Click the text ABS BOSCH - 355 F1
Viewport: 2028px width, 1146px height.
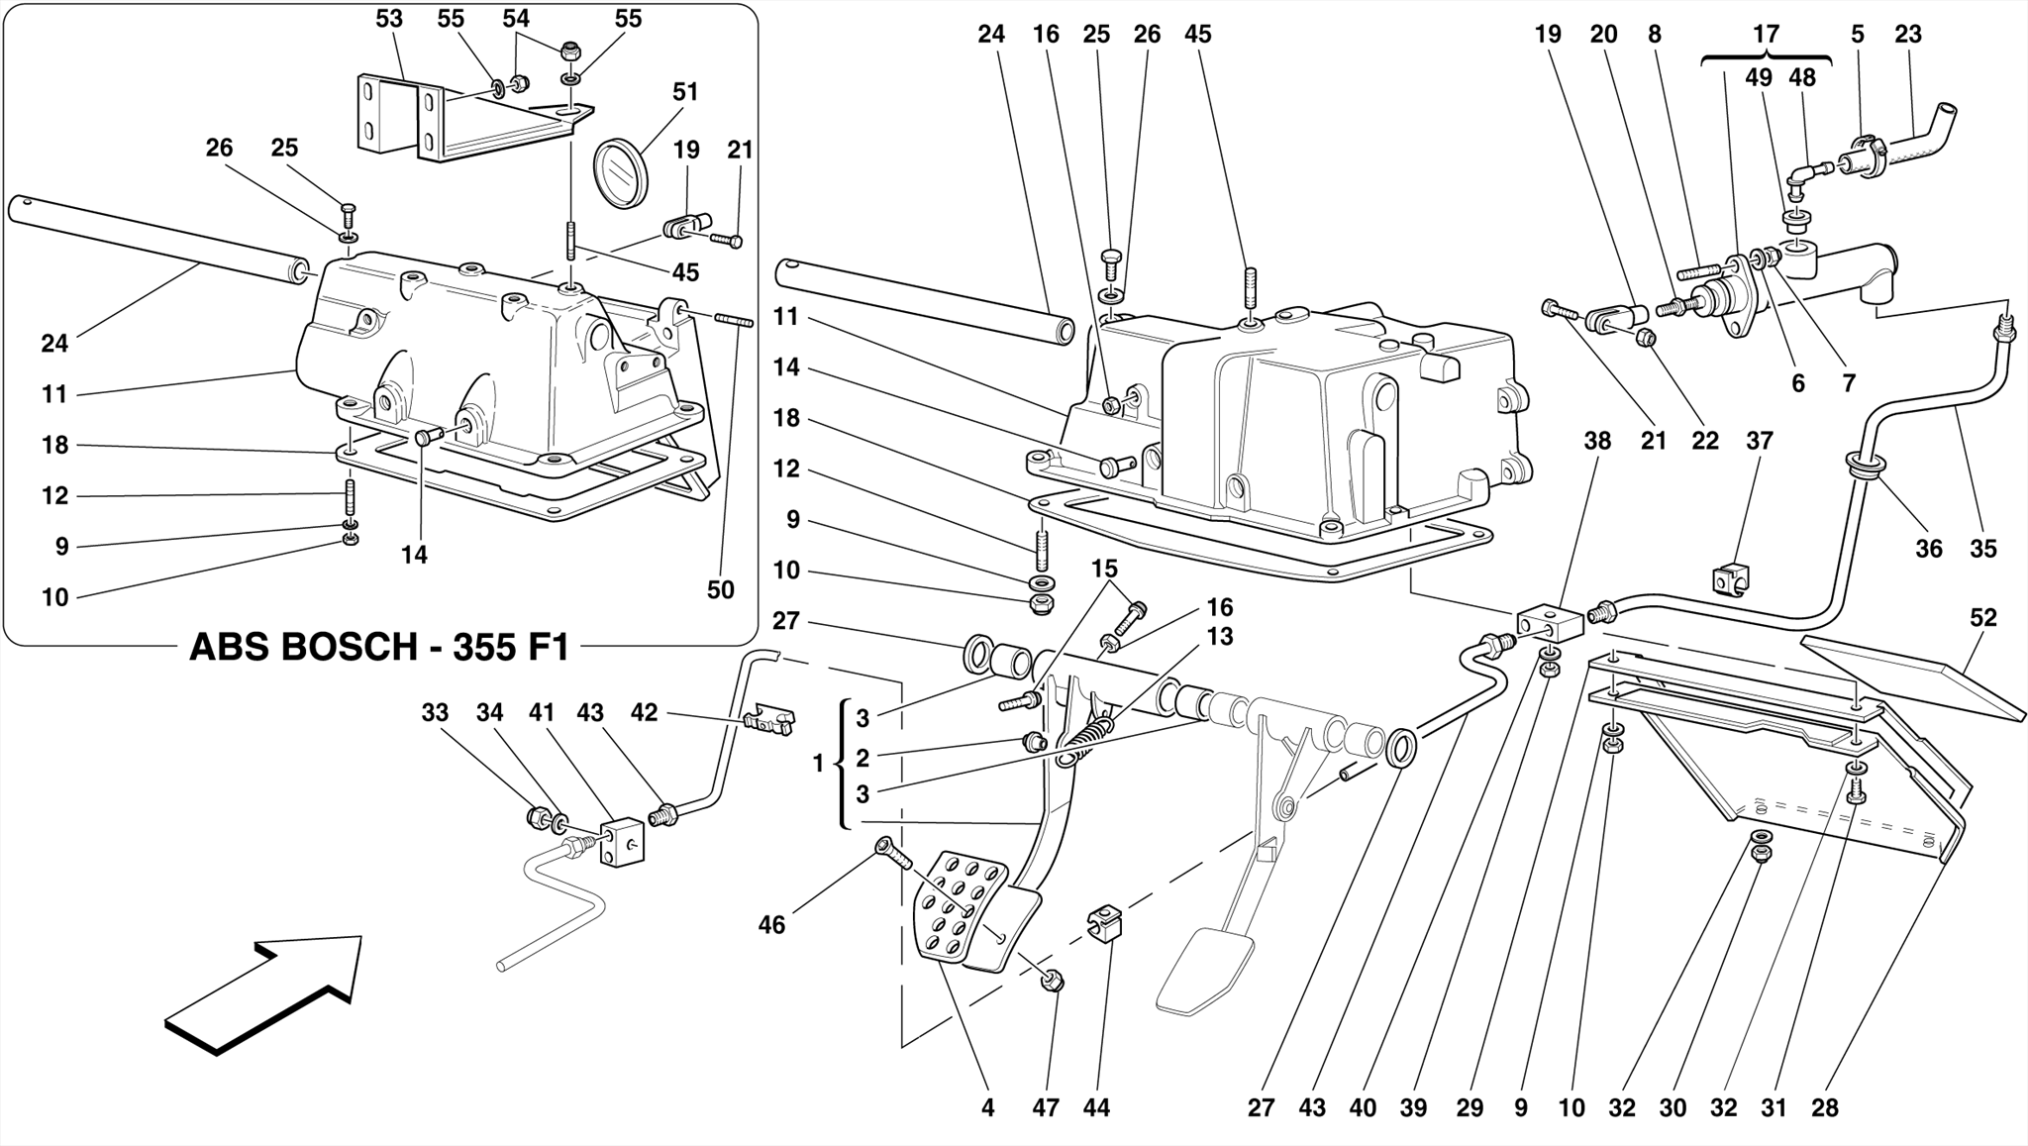(379, 648)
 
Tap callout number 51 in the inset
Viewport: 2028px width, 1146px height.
(685, 92)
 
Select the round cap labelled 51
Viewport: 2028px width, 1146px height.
(619, 173)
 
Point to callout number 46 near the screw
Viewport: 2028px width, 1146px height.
(771, 925)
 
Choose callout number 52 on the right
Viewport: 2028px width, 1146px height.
(1982, 618)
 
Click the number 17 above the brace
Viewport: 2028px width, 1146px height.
(1766, 35)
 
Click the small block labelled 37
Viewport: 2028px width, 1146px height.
(1730, 579)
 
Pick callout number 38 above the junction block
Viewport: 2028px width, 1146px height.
(1597, 441)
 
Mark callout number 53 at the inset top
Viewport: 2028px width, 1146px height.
(389, 19)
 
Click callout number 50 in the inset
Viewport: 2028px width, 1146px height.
(720, 590)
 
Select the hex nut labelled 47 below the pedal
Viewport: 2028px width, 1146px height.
(1053, 981)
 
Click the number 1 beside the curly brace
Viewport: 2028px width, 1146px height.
(818, 764)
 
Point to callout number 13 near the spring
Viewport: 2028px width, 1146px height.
(1220, 637)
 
